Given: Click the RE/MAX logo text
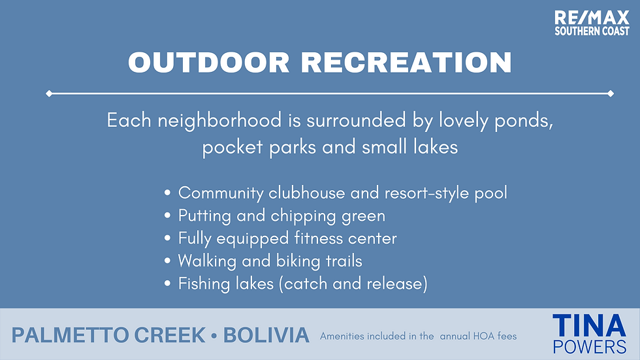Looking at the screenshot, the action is (592, 18).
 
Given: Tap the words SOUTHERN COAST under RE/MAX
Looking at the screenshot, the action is (592, 31).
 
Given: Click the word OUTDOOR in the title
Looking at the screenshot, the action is (209, 63).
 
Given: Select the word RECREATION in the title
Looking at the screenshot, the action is (406, 63).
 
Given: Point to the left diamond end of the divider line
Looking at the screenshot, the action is (49, 93).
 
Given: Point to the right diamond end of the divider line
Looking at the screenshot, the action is (611, 93).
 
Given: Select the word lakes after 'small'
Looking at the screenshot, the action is (436, 147).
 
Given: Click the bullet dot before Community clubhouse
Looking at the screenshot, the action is (167, 193).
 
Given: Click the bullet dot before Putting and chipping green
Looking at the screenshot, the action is (167, 216).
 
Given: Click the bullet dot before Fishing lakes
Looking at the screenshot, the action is (167, 284).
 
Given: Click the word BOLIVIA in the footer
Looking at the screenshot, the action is (266, 335).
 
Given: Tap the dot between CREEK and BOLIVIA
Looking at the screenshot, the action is (214, 336).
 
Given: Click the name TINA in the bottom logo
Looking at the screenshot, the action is (589, 326).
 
